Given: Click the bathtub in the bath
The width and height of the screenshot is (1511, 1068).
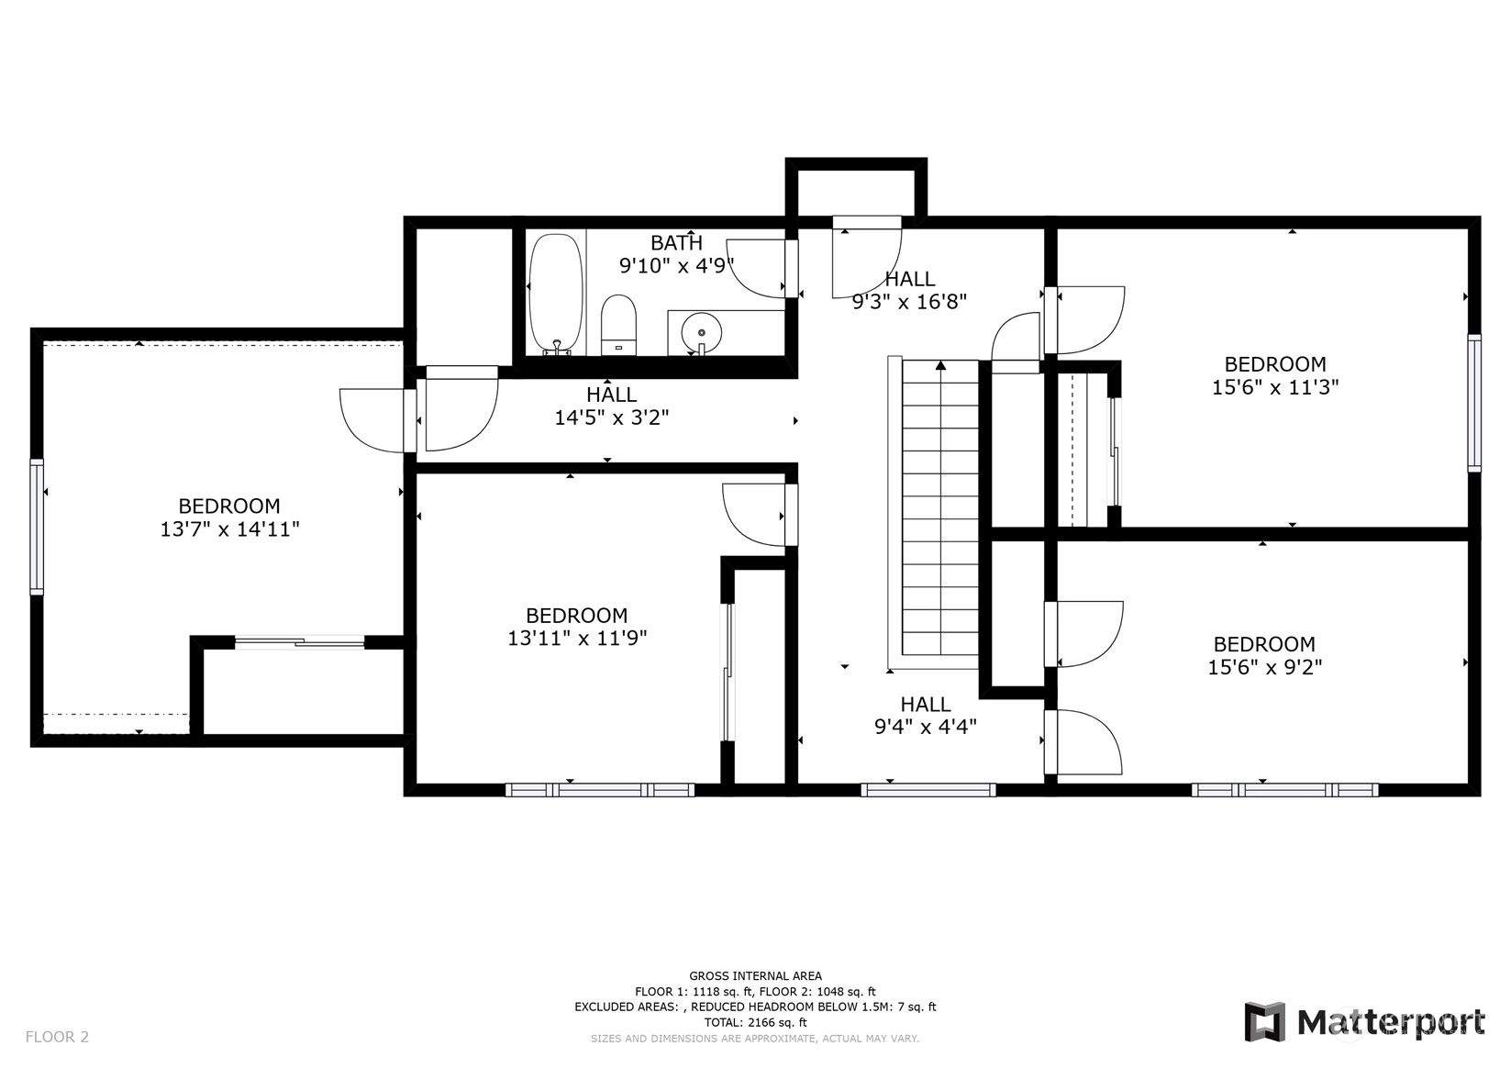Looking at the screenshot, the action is tap(555, 294).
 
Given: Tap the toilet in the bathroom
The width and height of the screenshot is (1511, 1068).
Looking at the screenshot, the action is tap(618, 325).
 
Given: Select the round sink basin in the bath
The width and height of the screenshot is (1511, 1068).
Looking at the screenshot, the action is tap(702, 333).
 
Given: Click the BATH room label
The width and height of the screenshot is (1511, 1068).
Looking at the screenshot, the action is tap(676, 242).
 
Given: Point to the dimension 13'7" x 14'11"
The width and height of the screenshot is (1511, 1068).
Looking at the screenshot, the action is tap(229, 528).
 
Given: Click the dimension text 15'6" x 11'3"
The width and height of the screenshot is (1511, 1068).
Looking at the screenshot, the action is tap(1275, 387).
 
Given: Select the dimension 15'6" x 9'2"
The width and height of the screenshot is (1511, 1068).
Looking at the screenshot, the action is tap(1264, 667).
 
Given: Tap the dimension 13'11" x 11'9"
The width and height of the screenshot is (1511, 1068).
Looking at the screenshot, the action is tap(577, 639).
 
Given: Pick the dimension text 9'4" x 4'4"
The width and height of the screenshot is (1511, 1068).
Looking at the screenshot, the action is tap(926, 727).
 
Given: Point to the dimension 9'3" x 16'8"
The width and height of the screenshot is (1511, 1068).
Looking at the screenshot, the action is tap(909, 302).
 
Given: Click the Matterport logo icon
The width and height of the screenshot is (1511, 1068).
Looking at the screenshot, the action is tap(1265, 1021).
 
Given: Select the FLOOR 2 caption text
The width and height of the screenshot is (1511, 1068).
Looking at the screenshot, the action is tap(57, 1037).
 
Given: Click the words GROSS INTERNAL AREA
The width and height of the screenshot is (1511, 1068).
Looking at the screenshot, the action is tap(756, 975).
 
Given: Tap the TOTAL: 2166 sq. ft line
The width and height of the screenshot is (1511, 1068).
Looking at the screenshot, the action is tap(756, 1022).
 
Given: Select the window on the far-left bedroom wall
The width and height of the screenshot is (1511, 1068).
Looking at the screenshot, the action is tap(37, 527).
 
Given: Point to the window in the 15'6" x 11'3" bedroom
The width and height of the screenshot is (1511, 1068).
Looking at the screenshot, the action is tap(1474, 403).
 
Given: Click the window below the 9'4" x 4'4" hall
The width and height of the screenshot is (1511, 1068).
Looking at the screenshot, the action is tap(928, 790).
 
